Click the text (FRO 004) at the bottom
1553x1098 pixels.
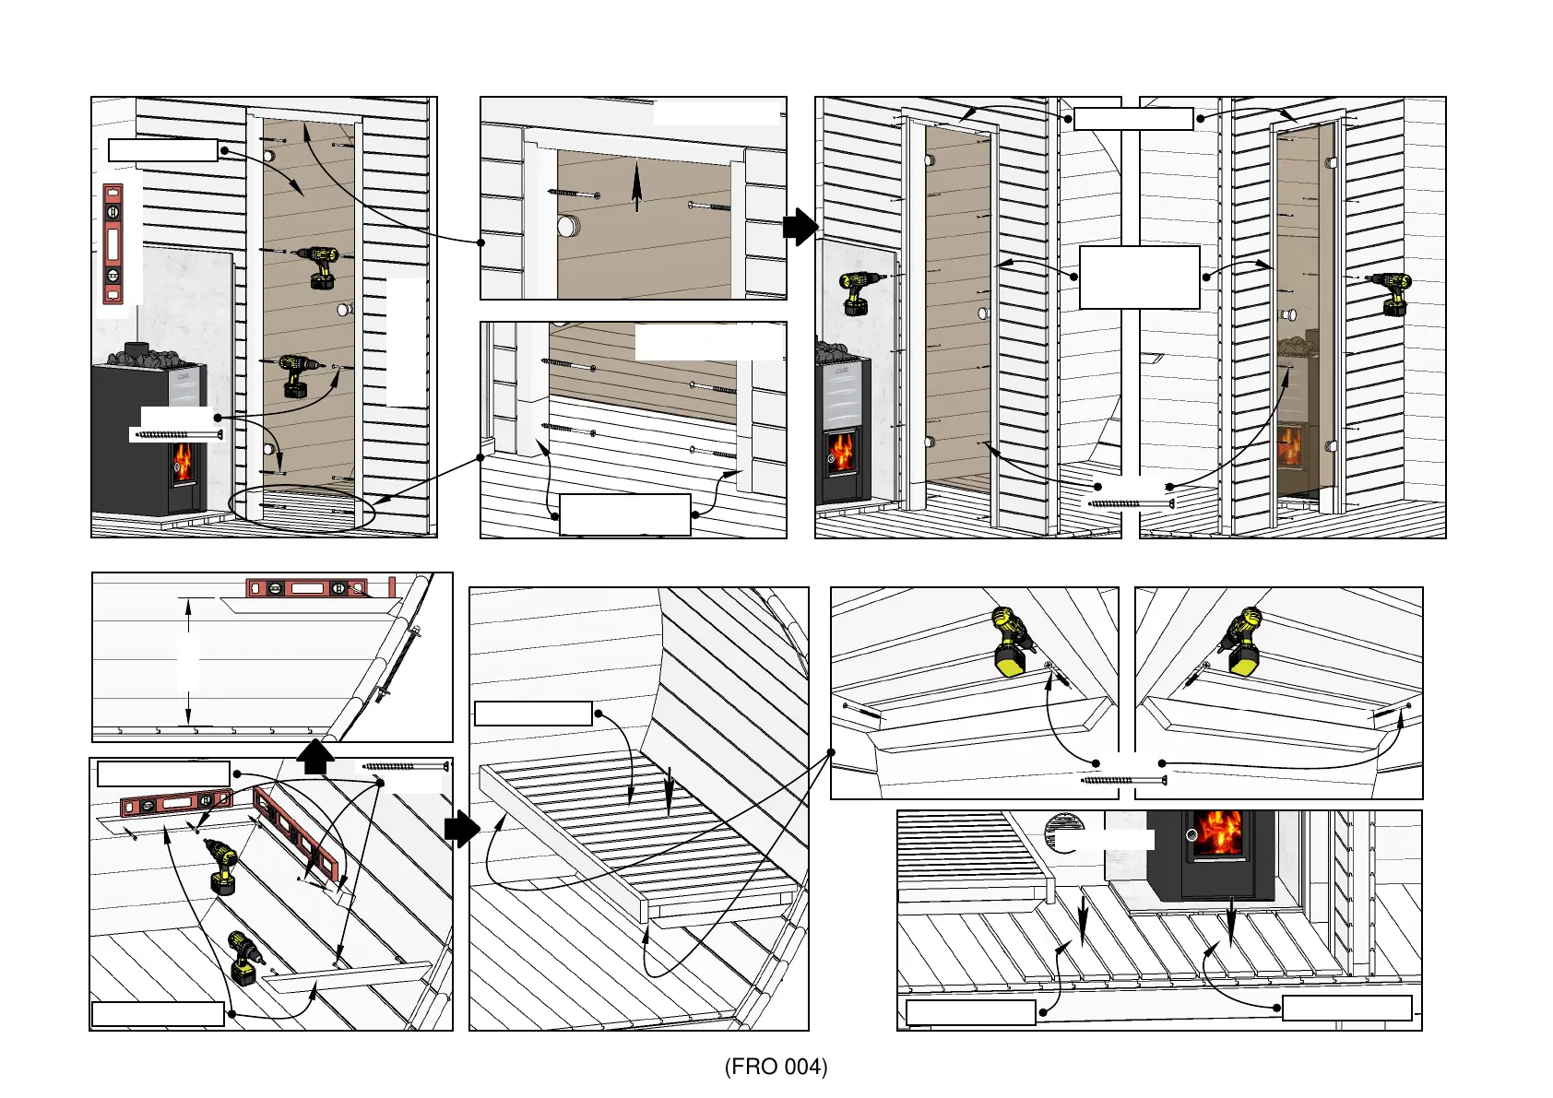(776, 1067)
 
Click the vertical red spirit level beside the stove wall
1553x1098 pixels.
(113, 243)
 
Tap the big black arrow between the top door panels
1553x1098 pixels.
(800, 227)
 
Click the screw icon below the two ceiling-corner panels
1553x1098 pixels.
(1123, 781)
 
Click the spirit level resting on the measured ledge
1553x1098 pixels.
(306, 587)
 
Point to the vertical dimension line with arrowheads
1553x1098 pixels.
(188, 660)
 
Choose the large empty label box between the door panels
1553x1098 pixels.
(1139, 277)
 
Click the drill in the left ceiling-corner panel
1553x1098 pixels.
(1012, 640)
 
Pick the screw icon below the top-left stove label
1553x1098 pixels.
(177, 434)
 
